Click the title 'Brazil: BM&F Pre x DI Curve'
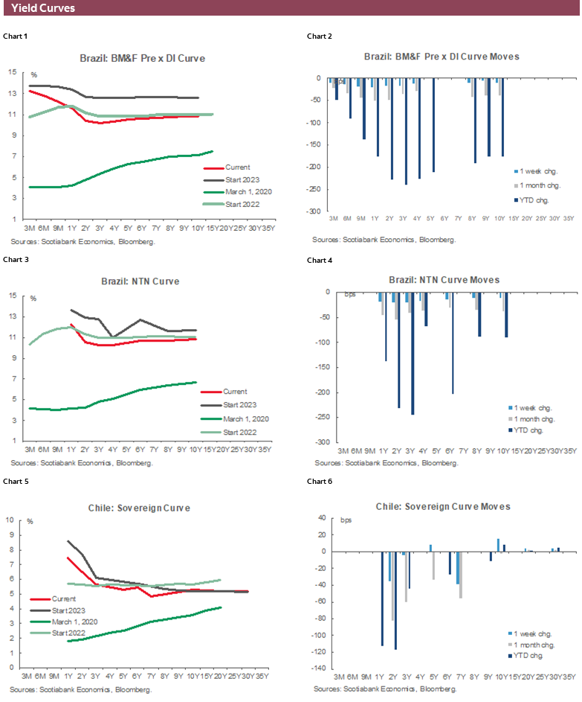[x=142, y=57]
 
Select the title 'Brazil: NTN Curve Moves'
[x=444, y=280]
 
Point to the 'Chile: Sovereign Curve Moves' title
[x=444, y=506]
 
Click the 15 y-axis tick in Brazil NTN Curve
[x=11, y=296]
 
